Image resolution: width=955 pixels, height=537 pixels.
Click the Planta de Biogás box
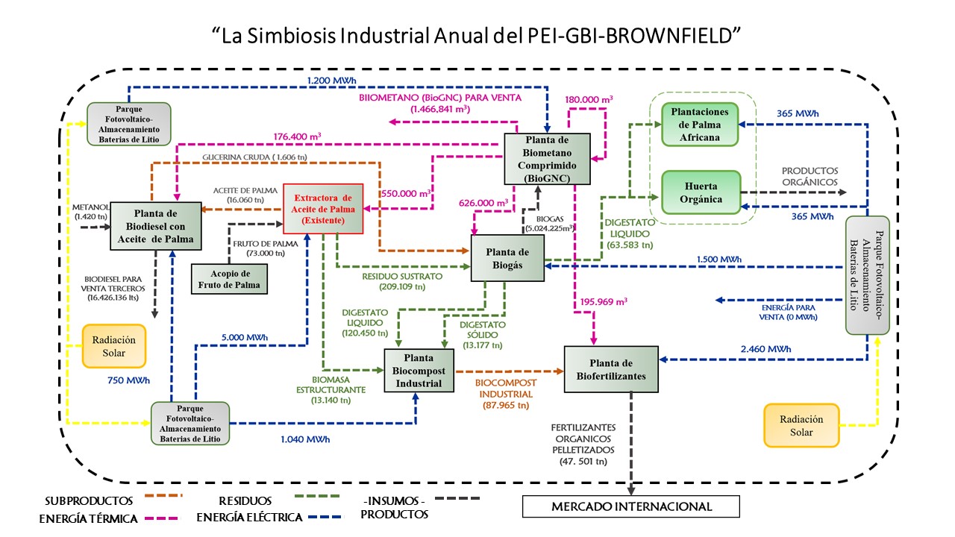(508, 258)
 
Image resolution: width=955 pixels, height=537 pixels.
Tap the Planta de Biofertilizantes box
(611, 368)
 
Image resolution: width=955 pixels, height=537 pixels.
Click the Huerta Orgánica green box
(701, 192)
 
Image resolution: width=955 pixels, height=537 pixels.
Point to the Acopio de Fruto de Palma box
(228, 278)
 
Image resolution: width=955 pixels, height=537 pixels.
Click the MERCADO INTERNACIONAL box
(631, 507)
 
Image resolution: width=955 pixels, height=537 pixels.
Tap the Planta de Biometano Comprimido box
(547, 158)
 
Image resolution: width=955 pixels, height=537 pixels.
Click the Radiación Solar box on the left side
(113, 345)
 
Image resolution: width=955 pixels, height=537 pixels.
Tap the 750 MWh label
(128, 380)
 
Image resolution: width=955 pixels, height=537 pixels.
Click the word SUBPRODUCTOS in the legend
(89, 500)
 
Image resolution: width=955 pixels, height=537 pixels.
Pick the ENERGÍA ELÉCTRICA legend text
(249, 517)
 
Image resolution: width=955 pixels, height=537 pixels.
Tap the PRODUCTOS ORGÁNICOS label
(810, 176)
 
